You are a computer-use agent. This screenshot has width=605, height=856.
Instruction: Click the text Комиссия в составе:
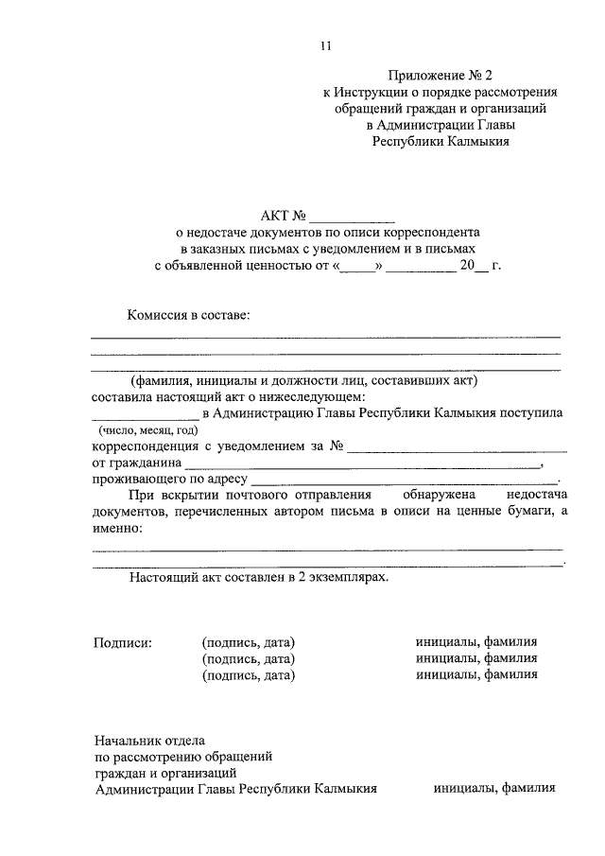point(191,315)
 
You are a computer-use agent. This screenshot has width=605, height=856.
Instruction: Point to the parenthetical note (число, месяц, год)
point(148,430)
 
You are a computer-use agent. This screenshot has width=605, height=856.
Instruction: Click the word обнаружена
point(440,495)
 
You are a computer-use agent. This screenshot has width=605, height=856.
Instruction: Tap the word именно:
point(118,529)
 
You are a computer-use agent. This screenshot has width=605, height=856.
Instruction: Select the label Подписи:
point(122,642)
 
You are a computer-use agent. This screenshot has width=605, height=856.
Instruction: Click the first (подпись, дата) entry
point(249,642)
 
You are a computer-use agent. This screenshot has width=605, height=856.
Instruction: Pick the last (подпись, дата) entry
point(249,675)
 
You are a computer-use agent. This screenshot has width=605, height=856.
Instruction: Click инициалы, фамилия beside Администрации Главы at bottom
point(494,787)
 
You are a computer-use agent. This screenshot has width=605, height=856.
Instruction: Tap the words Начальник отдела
point(149,741)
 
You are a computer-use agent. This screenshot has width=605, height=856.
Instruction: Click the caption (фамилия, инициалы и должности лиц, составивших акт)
point(306,380)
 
